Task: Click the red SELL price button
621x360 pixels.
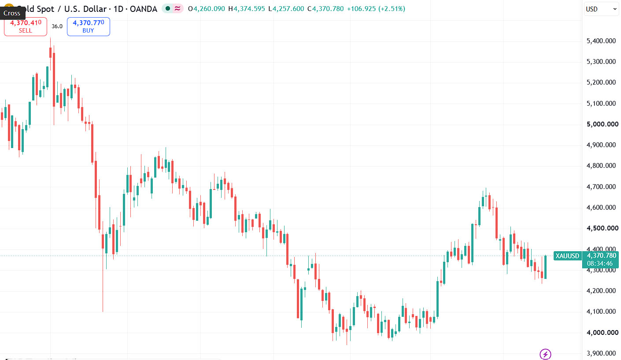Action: click(26, 26)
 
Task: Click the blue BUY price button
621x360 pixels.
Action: click(89, 26)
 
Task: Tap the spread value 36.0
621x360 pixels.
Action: click(57, 26)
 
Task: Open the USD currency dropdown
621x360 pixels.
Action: click(601, 9)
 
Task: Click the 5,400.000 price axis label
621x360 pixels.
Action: click(601, 41)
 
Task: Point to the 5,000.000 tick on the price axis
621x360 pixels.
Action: click(603, 124)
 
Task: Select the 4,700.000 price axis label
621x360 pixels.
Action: click(601, 187)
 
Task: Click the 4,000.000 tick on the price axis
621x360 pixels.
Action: click(603, 332)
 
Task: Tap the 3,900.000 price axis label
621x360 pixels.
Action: click(601, 353)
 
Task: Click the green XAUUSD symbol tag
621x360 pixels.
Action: click(568, 256)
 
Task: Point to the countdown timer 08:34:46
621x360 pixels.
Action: click(600, 264)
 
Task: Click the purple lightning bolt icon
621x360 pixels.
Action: click(545, 354)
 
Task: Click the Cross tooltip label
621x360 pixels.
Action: click(12, 13)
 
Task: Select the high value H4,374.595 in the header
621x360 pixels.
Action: click(247, 9)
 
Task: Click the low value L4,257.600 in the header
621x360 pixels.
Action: click(286, 9)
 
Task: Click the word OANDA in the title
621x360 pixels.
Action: click(143, 9)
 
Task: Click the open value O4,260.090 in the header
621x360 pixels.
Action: click(206, 9)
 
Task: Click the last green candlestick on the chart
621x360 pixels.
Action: click(545, 267)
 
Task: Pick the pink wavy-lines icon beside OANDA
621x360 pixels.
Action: click(177, 9)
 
